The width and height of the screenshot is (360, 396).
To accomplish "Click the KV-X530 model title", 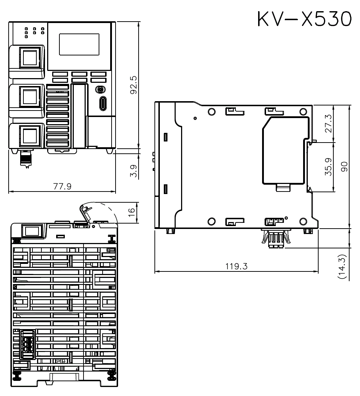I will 304,18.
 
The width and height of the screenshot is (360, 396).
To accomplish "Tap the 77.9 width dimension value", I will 62,186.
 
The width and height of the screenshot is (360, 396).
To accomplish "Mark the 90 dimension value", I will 344,167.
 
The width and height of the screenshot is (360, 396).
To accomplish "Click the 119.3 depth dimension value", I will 236,266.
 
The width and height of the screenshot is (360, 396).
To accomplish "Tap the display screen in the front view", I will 79,44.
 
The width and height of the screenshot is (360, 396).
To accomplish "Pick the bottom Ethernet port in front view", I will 30,136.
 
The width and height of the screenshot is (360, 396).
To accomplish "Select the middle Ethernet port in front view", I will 30,97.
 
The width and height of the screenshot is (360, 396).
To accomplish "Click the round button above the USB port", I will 100,90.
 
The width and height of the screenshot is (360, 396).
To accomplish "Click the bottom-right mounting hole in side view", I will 303,221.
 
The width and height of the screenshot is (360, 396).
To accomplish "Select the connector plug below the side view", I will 276,238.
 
